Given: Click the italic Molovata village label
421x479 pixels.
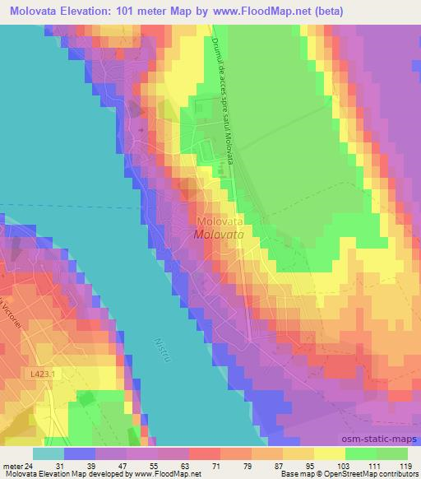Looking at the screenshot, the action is [x=219, y=234].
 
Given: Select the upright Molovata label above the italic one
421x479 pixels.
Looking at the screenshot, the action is [x=219, y=221].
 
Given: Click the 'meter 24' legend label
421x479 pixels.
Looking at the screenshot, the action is [x=18, y=466].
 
